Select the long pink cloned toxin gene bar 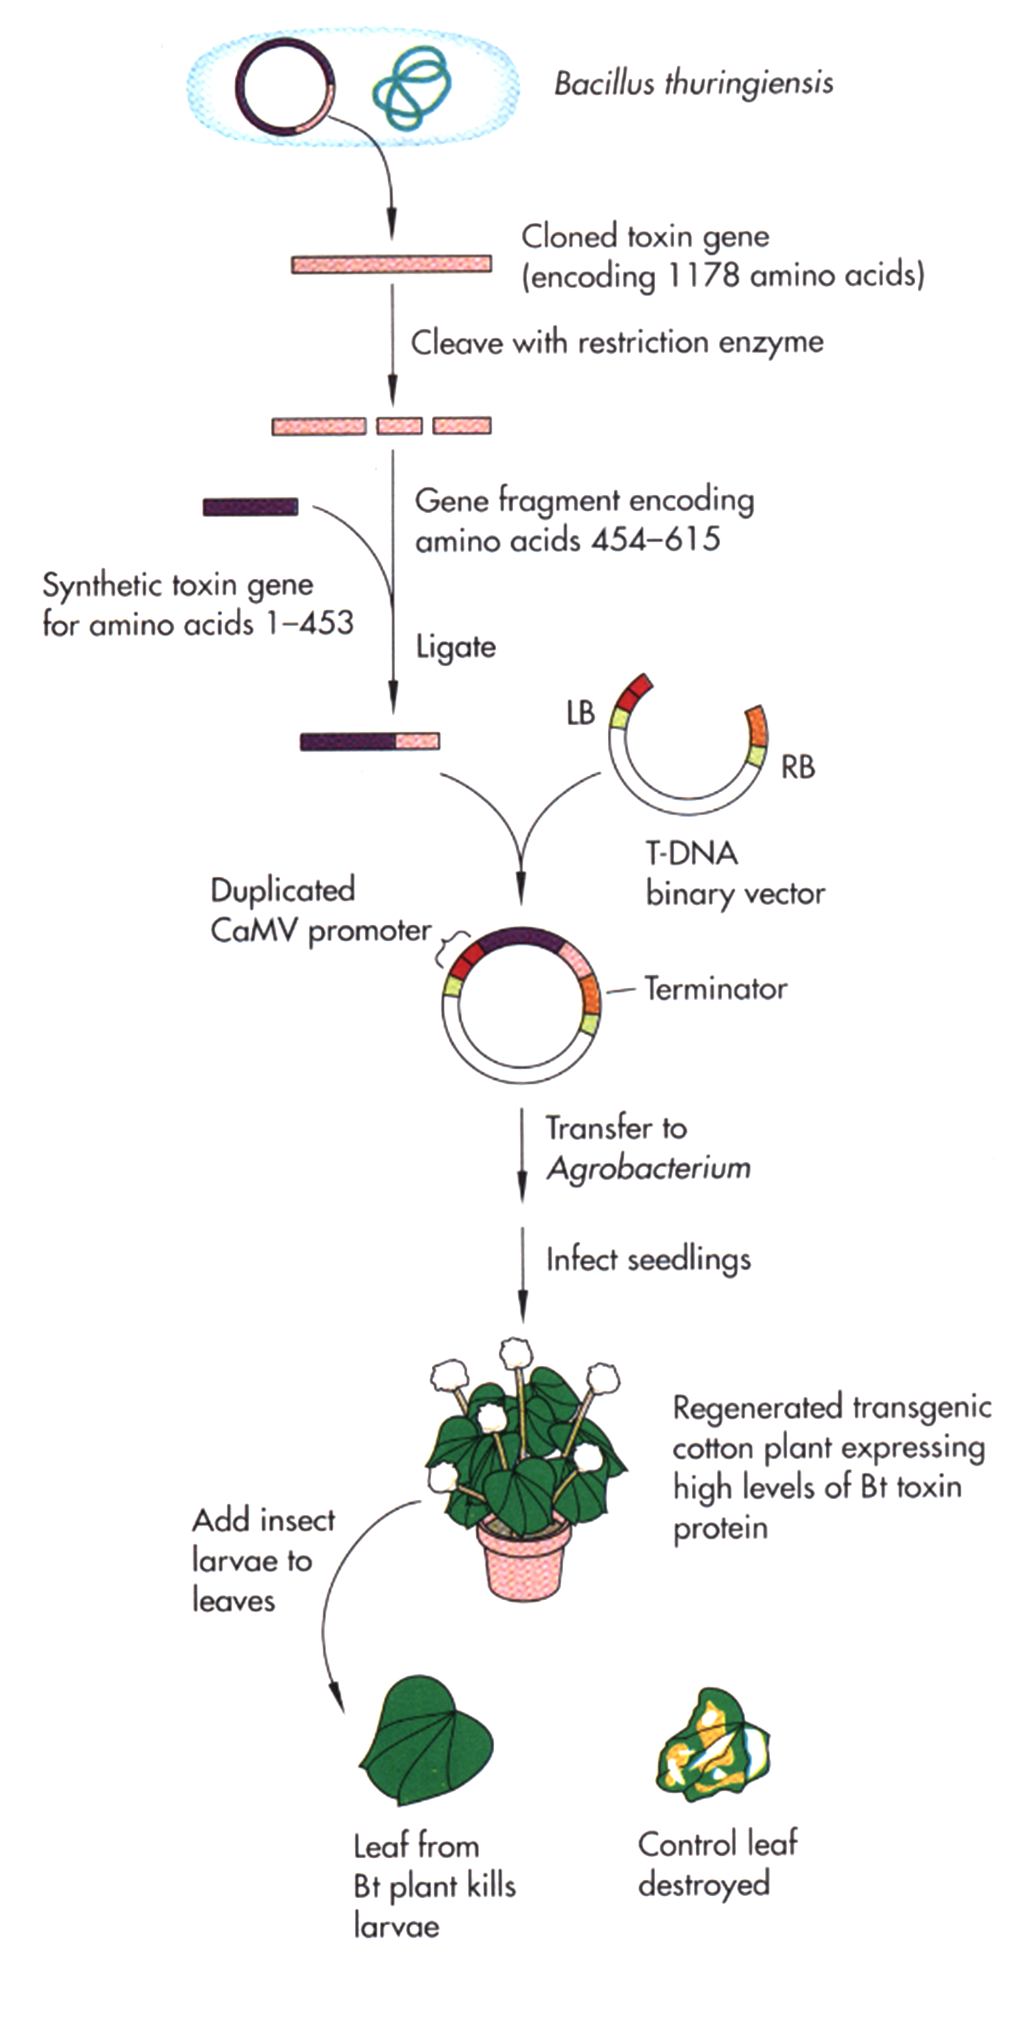pos(391,264)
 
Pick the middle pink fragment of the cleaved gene pos(400,426)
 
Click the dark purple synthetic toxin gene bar pos(250,507)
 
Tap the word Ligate pos(455,647)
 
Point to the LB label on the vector pos(580,713)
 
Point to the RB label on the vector pos(797,767)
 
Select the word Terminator pos(715,988)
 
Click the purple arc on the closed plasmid pos(520,937)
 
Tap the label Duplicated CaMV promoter pos(319,910)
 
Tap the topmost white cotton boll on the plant pos(515,1351)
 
